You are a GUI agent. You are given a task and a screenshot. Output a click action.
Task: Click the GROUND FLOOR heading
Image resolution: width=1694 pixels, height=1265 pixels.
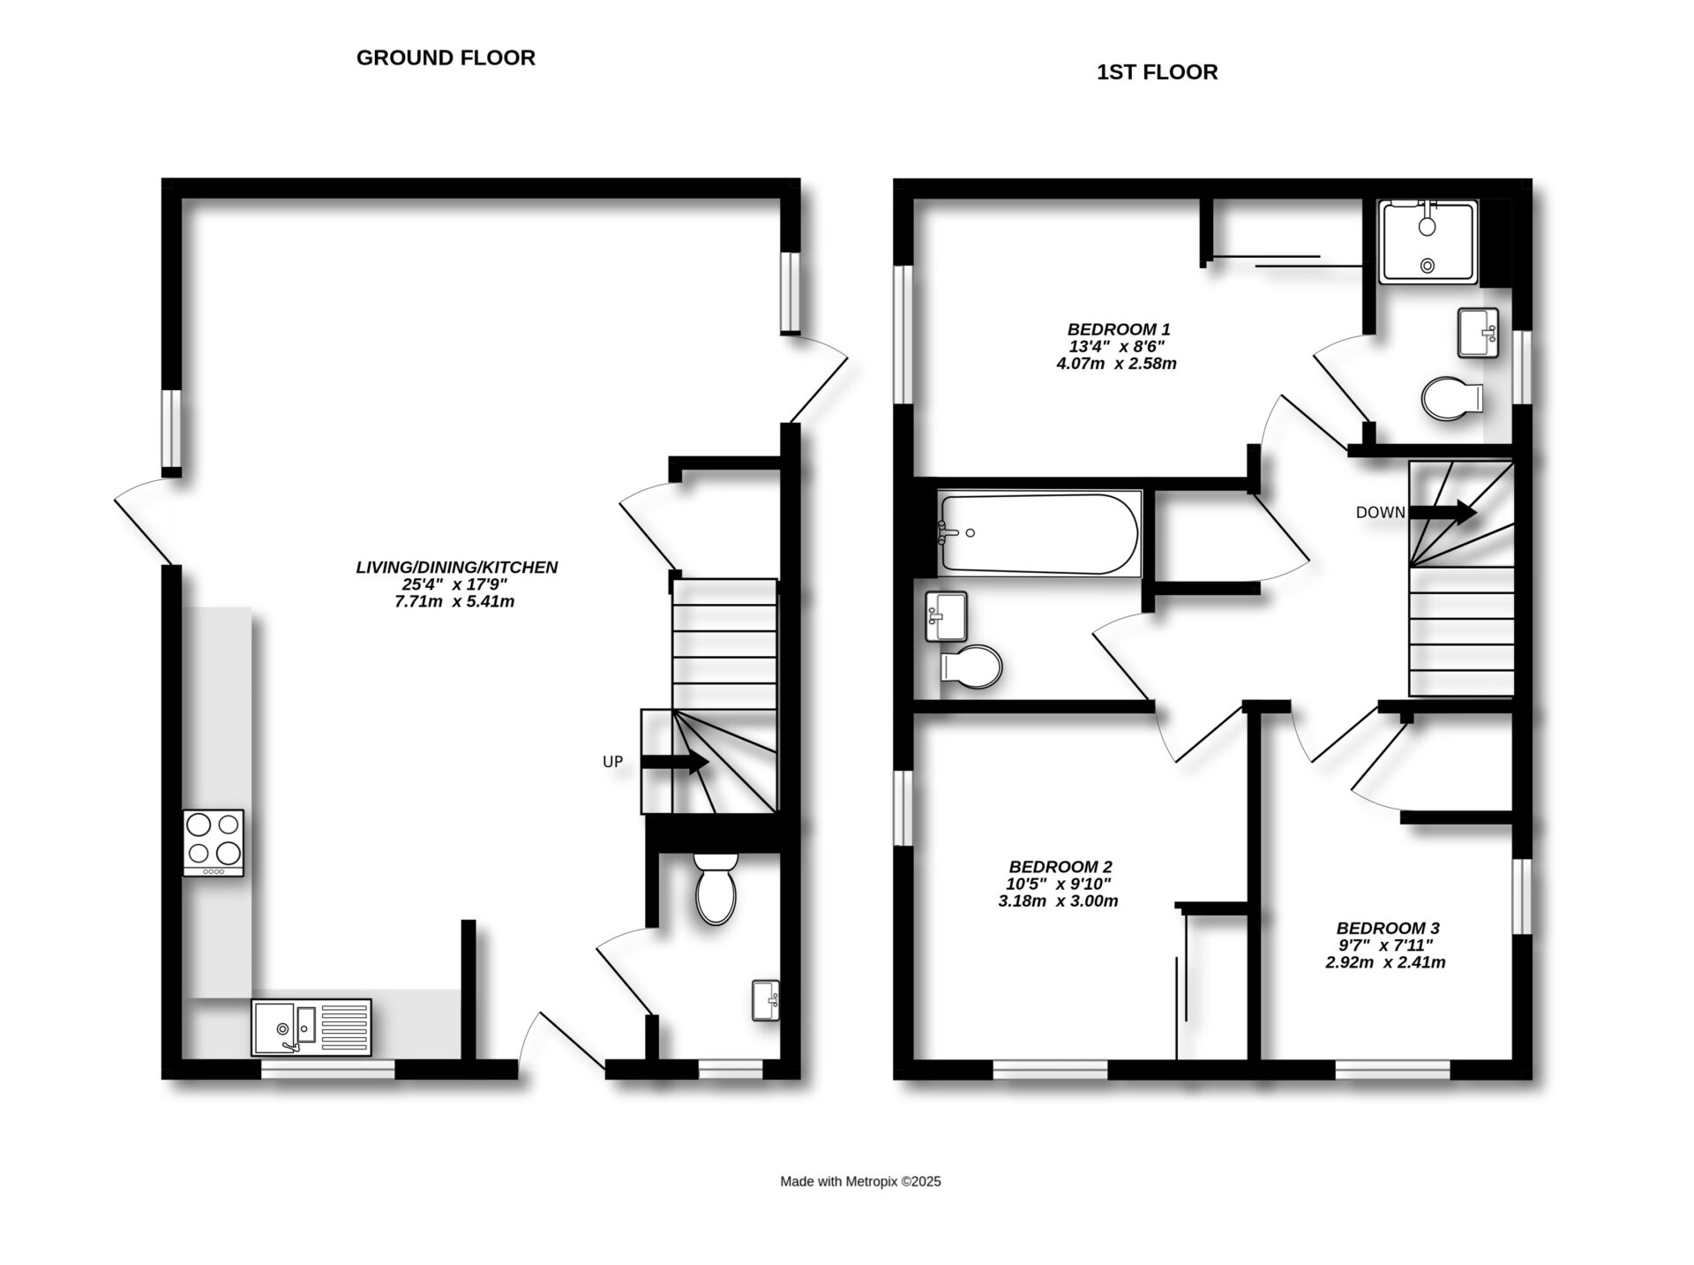[446, 58]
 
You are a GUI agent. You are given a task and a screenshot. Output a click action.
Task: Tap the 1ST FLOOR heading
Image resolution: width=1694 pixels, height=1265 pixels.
[1157, 72]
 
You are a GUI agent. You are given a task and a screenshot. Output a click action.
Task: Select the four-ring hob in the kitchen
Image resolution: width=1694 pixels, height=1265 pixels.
[214, 842]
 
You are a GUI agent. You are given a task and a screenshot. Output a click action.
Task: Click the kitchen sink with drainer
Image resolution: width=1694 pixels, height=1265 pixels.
[311, 1027]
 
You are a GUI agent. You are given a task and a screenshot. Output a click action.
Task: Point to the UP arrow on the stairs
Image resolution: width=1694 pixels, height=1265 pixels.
[675, 762]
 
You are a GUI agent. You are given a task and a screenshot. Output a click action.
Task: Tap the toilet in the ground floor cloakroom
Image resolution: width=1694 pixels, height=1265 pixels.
[716, 890]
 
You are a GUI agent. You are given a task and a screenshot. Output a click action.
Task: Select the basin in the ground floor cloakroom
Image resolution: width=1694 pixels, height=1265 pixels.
[766, 1000]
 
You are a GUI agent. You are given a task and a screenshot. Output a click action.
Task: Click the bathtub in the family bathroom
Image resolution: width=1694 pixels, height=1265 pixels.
[1039, 533]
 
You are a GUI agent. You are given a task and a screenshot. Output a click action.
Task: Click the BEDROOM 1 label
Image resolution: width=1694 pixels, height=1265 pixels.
[1119, 330]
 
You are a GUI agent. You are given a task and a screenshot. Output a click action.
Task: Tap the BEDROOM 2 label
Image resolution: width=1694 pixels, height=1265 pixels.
[1061, 867]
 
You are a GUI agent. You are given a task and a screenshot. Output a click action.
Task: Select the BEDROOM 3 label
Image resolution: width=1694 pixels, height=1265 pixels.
[1388, 928]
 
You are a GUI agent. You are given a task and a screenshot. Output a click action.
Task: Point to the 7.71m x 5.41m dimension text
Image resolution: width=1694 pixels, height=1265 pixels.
[454, 602]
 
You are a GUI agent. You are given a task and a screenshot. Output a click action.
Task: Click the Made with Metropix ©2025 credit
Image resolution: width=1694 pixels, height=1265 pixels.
[860, 1182]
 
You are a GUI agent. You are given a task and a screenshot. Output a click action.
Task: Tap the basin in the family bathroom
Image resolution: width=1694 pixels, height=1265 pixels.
[946, 615]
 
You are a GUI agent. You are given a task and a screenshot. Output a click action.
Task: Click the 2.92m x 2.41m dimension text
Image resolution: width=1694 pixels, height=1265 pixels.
[1385, 963]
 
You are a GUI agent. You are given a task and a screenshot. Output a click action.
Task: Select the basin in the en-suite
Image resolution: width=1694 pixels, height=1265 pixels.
[1478, 333]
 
